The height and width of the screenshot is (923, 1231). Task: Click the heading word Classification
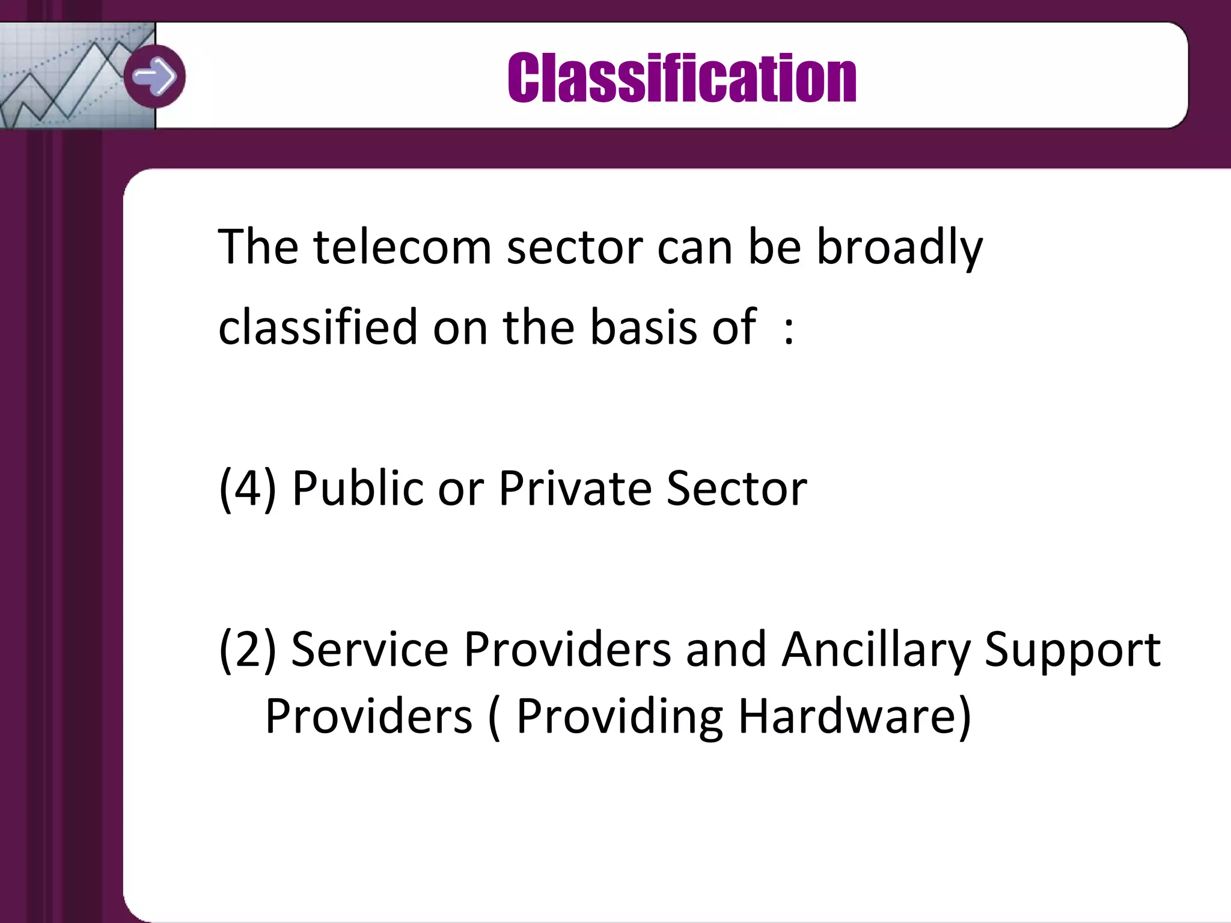(x=682, y=78)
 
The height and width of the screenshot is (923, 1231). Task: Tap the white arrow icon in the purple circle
(x=154, y=76)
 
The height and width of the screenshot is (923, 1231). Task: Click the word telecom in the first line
(x=402, y=247)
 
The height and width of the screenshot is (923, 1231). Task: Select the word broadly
(x=899, y=247)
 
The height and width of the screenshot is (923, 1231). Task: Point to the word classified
(x=317, y=327)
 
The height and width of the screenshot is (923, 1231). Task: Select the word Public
(x=358, y=488)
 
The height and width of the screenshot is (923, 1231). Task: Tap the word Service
(x=370, y=649)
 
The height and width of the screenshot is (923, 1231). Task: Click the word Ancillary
(x=876, y=649)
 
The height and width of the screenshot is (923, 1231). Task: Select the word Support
(x=1072, y=649)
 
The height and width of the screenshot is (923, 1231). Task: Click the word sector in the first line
(x=575, y=247)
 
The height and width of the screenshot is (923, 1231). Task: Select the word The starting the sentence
(x=258, y=247)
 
